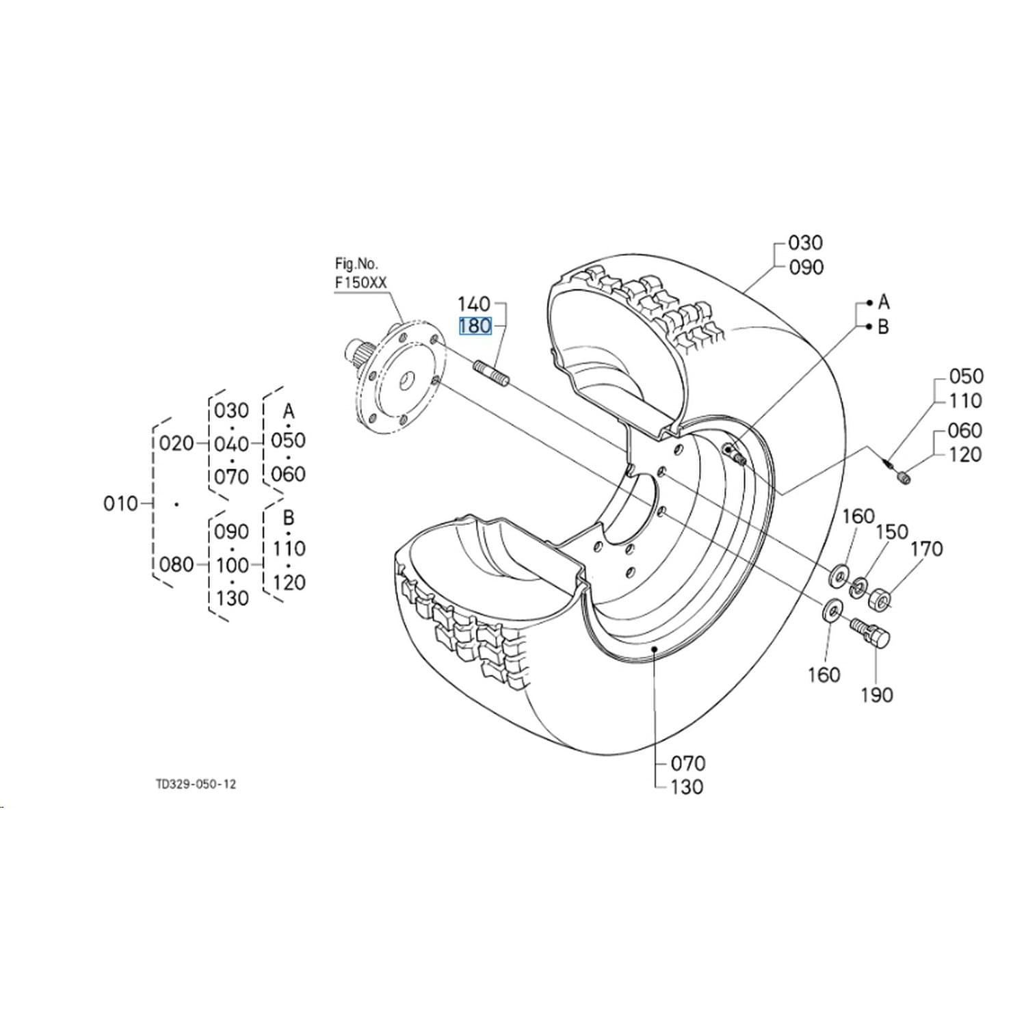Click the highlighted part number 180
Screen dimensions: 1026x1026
(475, 326)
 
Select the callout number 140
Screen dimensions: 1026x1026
(474, 304)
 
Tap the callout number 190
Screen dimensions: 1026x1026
(877, 695)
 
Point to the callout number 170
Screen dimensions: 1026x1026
(926, 549)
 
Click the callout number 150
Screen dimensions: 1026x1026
(892, 531)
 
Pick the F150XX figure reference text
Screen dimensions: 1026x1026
(360, 282)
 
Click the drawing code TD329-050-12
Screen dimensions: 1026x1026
(196, 784)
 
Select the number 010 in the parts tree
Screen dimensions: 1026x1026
(120, 504)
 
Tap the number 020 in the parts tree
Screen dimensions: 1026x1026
(176, 443)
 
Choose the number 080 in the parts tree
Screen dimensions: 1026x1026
(176, 565)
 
